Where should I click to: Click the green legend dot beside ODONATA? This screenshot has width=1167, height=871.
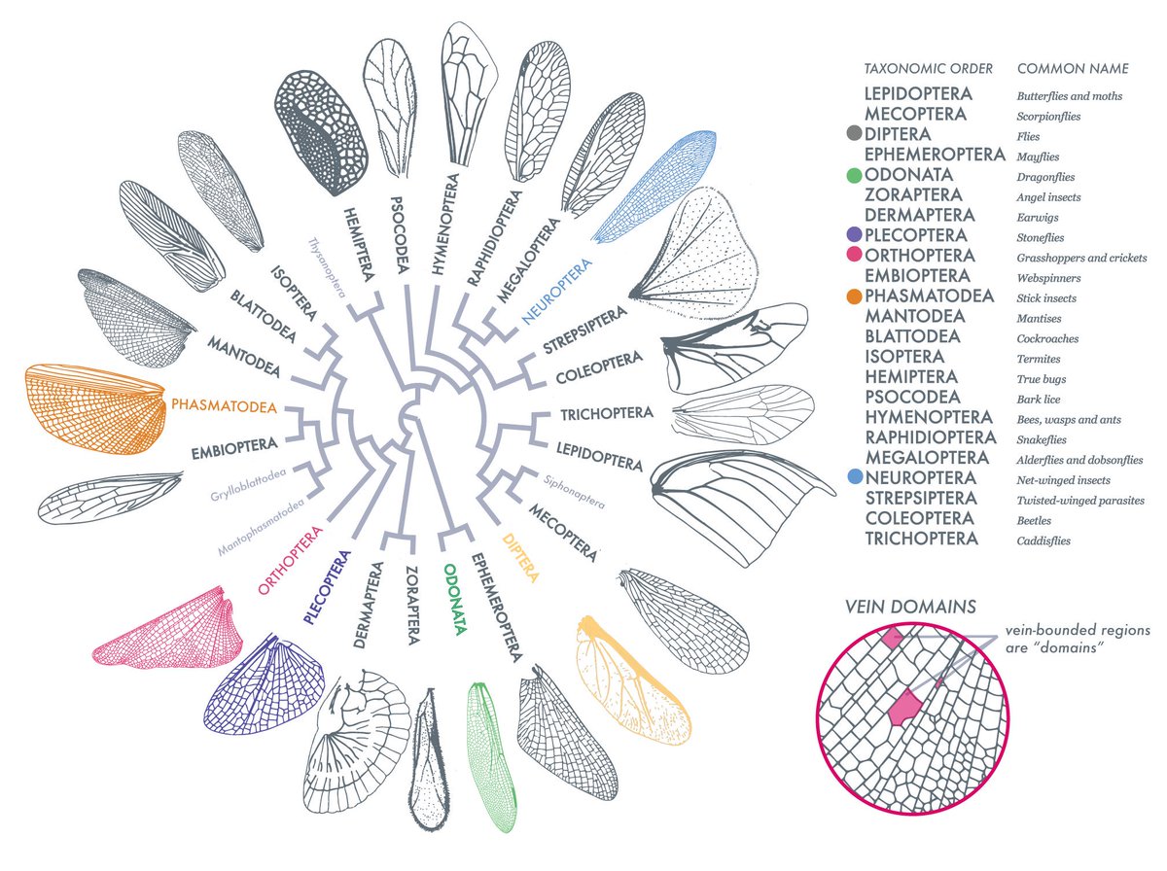tap(853, 175)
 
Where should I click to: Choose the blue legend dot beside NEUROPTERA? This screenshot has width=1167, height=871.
tap(853, 478)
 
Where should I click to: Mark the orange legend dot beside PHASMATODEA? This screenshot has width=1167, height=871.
tap(853, 296)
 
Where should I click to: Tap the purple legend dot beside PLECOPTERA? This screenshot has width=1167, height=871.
tap(853, 235)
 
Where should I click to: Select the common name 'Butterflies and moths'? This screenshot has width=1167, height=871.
tap(1069, 96)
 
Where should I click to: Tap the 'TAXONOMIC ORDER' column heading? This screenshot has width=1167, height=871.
tap(928, 69)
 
